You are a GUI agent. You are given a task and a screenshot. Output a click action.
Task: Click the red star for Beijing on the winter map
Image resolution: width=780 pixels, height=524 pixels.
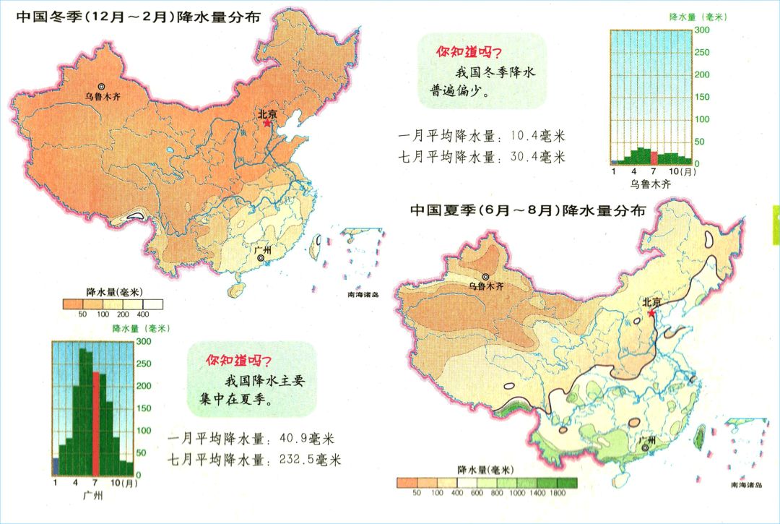pos(267,124)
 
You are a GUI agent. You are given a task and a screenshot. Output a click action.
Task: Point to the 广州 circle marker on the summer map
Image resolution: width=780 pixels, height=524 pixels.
pos(645,447)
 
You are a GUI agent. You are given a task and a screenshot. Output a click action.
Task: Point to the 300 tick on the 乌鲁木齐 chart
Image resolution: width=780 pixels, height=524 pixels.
pos(701,30)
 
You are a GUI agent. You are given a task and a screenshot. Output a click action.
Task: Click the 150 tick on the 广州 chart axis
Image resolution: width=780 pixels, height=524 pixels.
pos(144,408)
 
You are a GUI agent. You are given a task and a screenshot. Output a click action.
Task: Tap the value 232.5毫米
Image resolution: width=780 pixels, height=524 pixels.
pos(303,460)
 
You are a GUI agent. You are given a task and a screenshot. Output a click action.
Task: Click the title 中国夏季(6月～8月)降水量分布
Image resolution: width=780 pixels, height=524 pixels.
pos(528,210)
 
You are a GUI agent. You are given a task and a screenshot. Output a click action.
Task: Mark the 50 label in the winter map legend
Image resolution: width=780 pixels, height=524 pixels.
pos(82,315)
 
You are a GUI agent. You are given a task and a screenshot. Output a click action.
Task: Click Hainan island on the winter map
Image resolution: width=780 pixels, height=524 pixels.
pos(234,290)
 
